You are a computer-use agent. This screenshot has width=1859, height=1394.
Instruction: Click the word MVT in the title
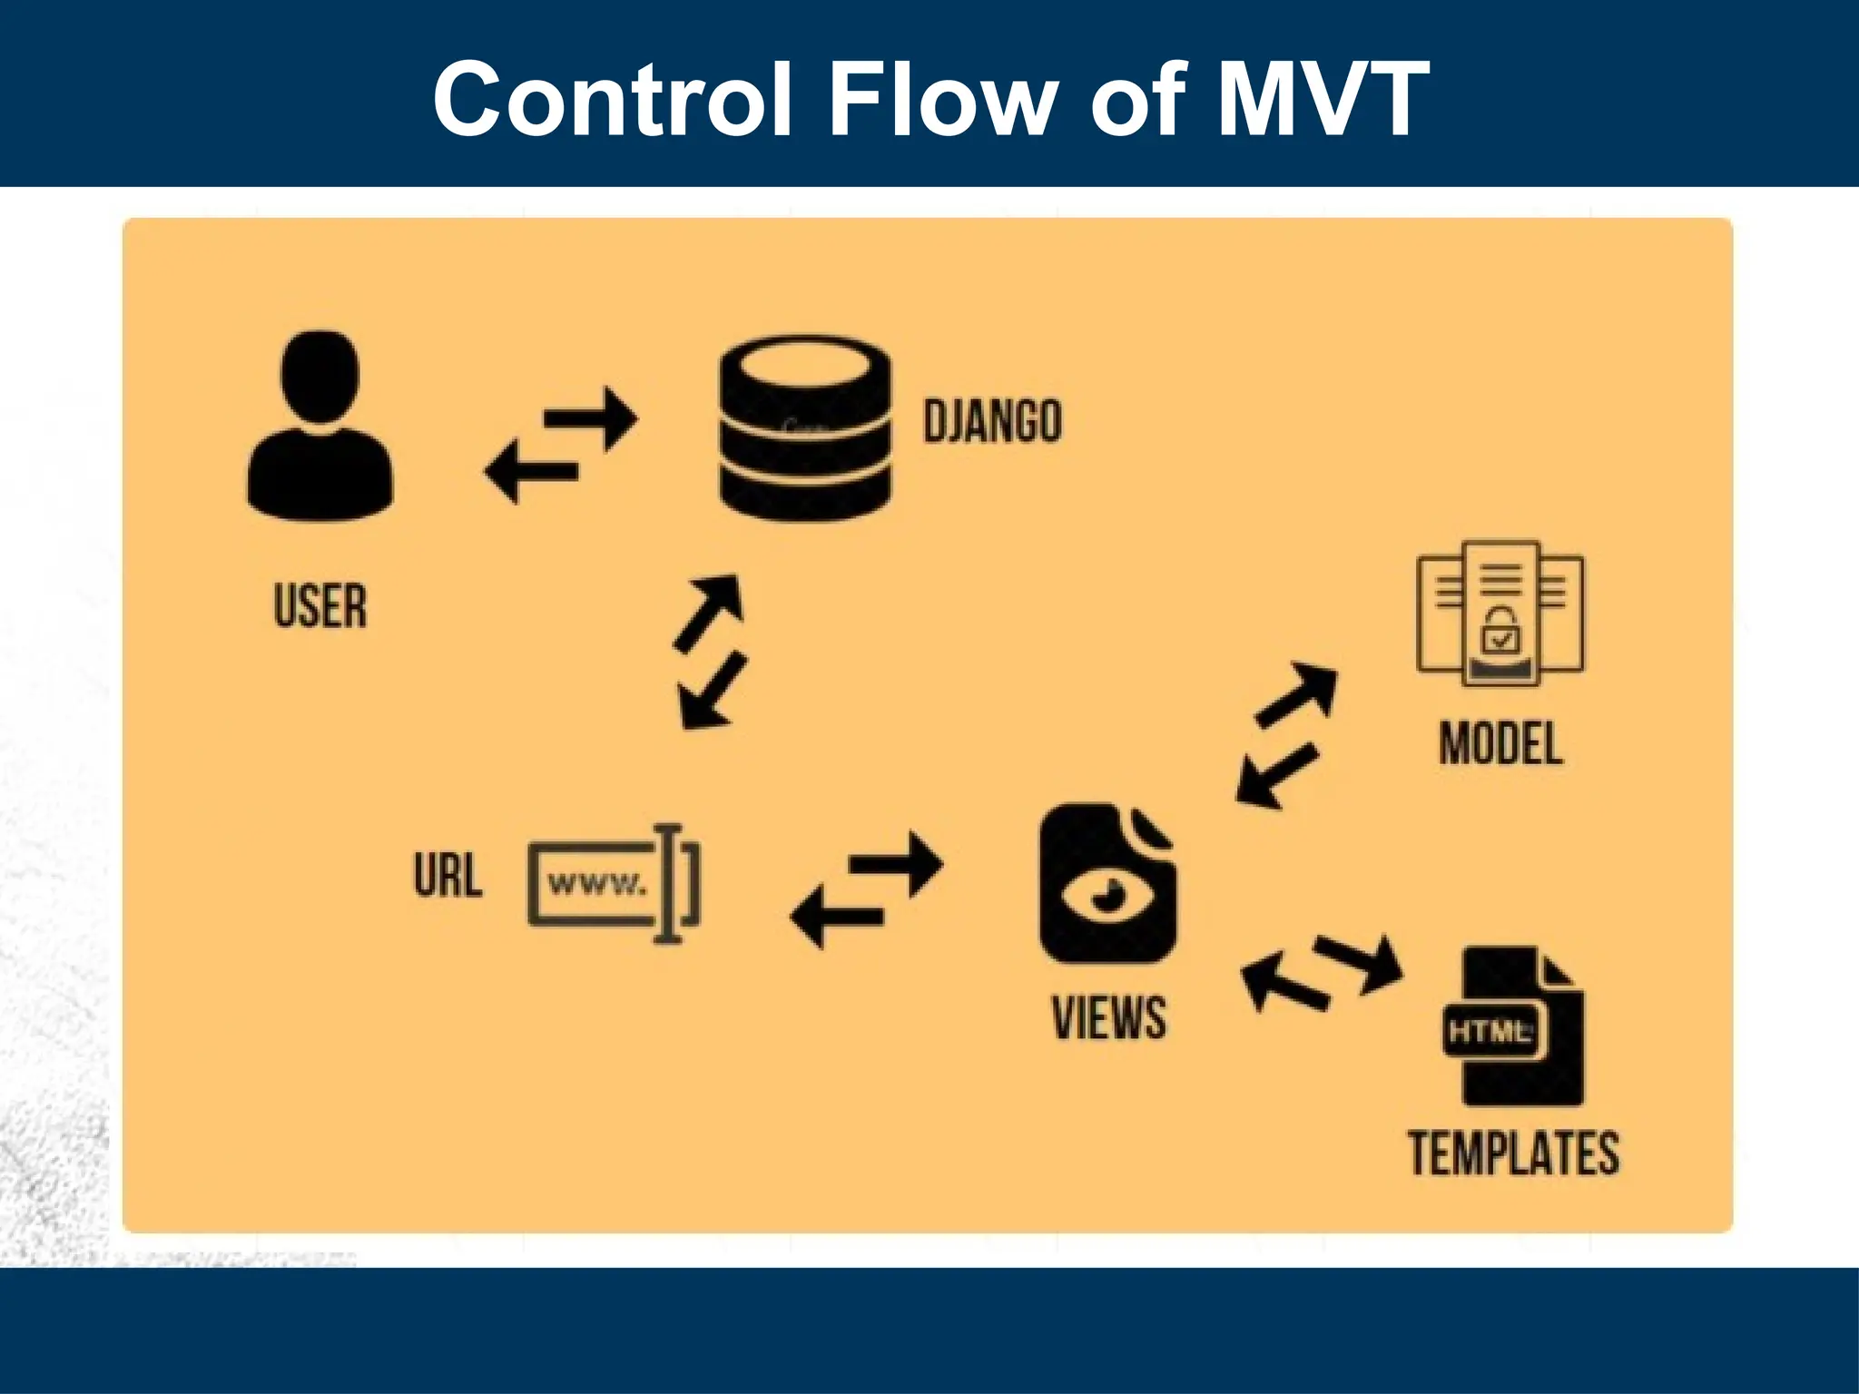(x=1323, y=98)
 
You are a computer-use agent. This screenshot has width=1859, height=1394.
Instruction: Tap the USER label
(x=320, y=606)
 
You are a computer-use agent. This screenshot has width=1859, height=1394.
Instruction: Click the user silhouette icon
(x=320, y=427)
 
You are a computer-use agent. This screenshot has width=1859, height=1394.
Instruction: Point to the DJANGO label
(x=992, y=421)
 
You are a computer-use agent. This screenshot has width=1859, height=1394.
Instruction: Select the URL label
(x=448, y=877)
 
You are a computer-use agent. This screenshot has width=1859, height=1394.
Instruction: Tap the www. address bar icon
(x=613, y=884)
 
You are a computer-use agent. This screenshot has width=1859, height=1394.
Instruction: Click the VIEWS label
(x=1108, y=1017)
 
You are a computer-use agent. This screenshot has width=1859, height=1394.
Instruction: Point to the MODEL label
(x=1500, y=744)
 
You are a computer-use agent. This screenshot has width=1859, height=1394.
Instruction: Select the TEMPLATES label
(x=1513, y=1153)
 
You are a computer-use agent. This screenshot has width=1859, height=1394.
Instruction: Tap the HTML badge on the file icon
(x=1489, y=1032)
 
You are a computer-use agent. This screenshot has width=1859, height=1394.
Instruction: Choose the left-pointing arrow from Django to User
(x=532, y=471)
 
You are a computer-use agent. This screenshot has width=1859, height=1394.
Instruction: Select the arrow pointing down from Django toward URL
(x=713, y=693)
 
